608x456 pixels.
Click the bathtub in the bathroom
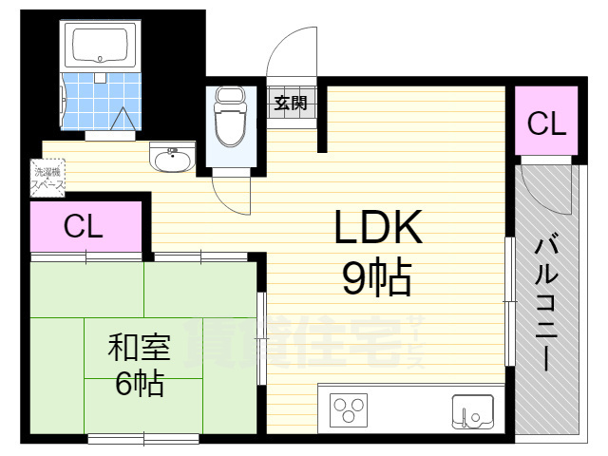pyautogui.click(x=100, y=44)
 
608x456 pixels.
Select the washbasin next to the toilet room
pyautogui.click(x=172, y=159)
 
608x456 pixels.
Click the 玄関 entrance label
pyautogui.click(x=291, y=103)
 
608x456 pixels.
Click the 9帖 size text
pyautogui.click(x=376, y=278)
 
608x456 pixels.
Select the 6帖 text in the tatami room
pyautogui.click(x=139, y=384)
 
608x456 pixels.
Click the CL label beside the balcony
pyautogui.click(x=546, y=123)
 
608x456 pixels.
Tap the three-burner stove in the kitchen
pyautogui.click(x=348, y=411)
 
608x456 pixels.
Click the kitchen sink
pyautogui.click(x=472, y=411)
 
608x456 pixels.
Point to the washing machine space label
pyautogui.click(x=47, y=179)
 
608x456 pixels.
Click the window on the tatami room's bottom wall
pyautogui.click(x=142, y=438)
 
